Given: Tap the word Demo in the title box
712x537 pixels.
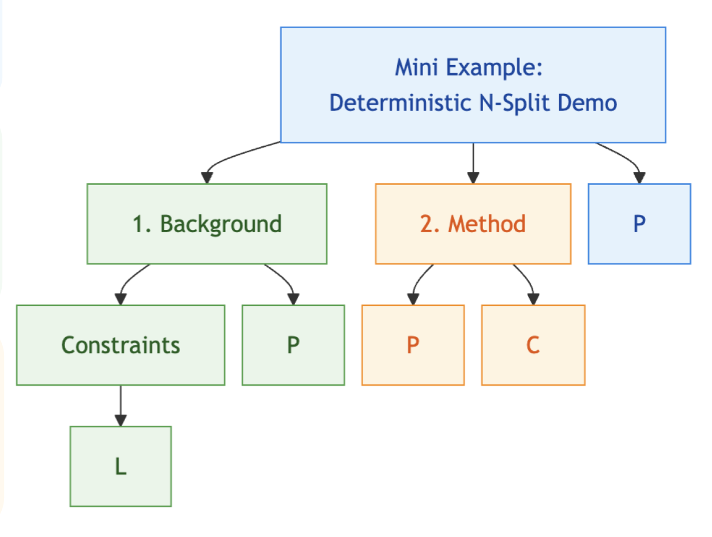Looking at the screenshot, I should pyautogui.click(x=590, y=103).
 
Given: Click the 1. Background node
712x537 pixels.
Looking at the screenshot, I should pyautogui.click(x=207, y=224).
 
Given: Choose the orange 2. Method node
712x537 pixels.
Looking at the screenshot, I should pyautogui.click(x=473, y=224).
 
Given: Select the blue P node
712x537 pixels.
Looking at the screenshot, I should pyautogui.click(x=639, y=224).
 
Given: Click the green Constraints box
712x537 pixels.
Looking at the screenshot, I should pyautogui.click(x=120, y=345).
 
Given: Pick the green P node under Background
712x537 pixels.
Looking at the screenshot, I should pyautogui.click(x=293, y=345).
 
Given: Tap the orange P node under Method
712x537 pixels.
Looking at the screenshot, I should pyautogui.click(x=413, y=345).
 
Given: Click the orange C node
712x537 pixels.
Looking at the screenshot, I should pyautogui.click(x=533, y=345).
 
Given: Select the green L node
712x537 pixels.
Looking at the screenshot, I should pyautogui.click(x=120, y=466).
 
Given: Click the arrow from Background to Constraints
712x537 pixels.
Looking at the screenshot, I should pyautogui.click(x=128, y=279).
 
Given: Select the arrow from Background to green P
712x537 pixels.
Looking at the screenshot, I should pyautogui.click(x=285, y=279).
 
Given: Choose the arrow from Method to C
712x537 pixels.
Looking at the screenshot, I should pyautogui.click(x=526, y=279).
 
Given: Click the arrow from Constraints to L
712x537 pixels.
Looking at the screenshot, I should pyautogui.click(x=120, y=406).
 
